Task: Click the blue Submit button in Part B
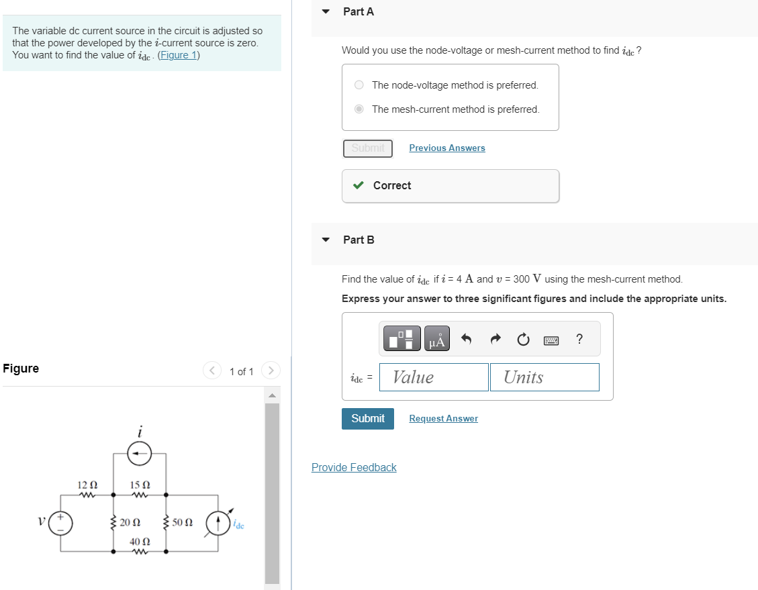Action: (368, 418)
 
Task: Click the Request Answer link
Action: (443, 418)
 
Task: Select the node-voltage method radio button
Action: (359, 85)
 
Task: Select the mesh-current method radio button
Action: (359, 109)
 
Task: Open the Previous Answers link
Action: (446, 148)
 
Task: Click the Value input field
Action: (434, 377)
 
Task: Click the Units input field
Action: (544, 377)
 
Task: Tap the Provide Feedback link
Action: (354, 467)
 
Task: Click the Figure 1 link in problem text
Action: (178, 55)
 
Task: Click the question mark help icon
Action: (579, 340)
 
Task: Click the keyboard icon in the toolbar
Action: (551, 340)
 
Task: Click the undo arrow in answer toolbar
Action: (467, 340)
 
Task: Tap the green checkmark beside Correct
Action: (359, 185)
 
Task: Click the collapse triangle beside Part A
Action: (326, 11)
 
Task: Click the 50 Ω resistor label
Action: (182, 522)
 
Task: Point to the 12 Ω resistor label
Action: (87, 485)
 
